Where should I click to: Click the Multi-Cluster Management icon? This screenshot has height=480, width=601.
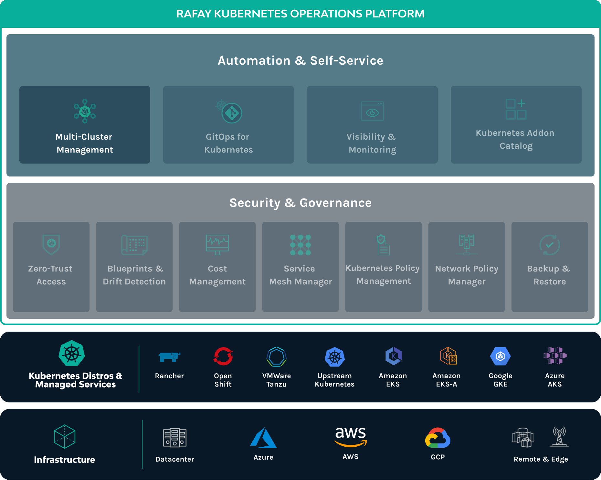(85, 111)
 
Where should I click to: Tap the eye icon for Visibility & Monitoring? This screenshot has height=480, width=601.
(372, 111)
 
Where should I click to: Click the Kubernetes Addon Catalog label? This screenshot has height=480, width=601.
(515, 139)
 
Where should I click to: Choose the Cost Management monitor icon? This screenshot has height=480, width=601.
(217, 245)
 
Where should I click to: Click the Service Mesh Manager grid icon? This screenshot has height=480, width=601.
(300, 245)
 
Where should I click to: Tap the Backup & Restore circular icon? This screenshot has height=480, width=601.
(550, 245)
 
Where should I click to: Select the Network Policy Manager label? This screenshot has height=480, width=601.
(467, 275)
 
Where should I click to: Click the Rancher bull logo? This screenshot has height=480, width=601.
(169, 357)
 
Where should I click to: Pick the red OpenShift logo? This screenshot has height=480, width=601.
(223, 356)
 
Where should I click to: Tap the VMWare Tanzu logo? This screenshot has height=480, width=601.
(277, 357)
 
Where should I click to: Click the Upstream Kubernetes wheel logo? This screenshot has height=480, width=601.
(335, 357)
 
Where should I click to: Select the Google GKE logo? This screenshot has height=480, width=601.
(501, 356)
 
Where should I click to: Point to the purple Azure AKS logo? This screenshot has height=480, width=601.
(555, 356)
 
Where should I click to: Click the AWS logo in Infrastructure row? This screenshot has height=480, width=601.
(351, 437)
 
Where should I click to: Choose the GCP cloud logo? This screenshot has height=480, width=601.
(438, 438)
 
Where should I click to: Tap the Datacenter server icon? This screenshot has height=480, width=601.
(175, 438)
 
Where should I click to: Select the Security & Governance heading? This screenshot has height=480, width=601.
(300, 203)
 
